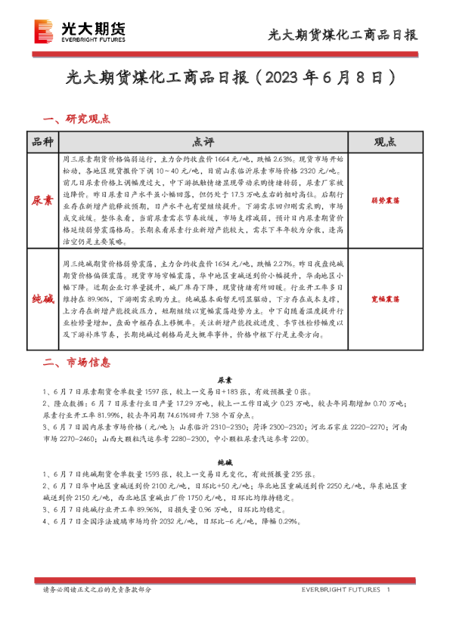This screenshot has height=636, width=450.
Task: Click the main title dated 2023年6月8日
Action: [225, 79]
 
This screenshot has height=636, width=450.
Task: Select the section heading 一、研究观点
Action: [77, 119]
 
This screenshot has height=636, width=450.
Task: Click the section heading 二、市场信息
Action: [77, 363]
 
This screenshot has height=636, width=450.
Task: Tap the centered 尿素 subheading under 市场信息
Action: [225, 381]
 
